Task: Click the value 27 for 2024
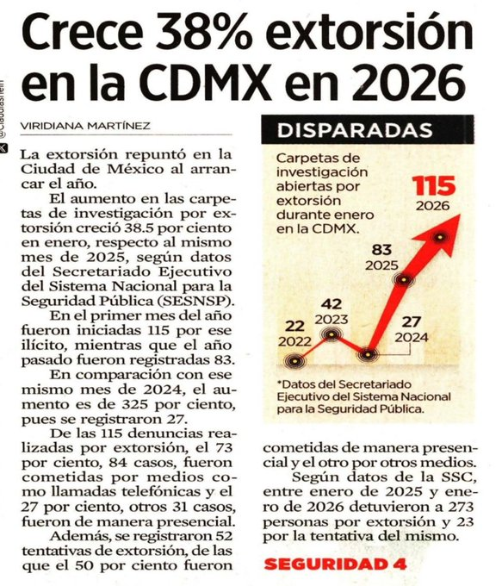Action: point(411,321)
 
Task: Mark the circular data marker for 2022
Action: point(297,362)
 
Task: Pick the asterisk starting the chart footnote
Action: point(280,383)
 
